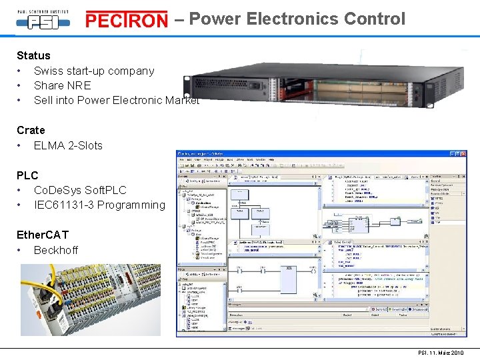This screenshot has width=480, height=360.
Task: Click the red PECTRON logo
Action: (127, 21)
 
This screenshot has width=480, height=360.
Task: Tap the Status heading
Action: (33, 55)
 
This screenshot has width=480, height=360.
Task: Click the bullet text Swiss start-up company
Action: (94, 71)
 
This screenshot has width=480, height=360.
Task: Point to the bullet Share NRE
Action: (62, 85)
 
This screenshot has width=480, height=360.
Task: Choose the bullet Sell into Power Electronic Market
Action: (117, 100)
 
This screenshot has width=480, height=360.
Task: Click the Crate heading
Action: (31, 130)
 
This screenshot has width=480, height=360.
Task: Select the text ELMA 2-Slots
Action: (68, 145)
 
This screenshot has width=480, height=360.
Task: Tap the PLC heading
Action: (27, 175)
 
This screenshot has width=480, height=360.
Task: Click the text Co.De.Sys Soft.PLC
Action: (80, 190)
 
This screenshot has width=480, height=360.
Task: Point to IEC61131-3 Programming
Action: (99, 205)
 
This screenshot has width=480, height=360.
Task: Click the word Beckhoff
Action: (56, 250)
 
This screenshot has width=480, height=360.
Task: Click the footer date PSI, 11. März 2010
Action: (440, 353)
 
